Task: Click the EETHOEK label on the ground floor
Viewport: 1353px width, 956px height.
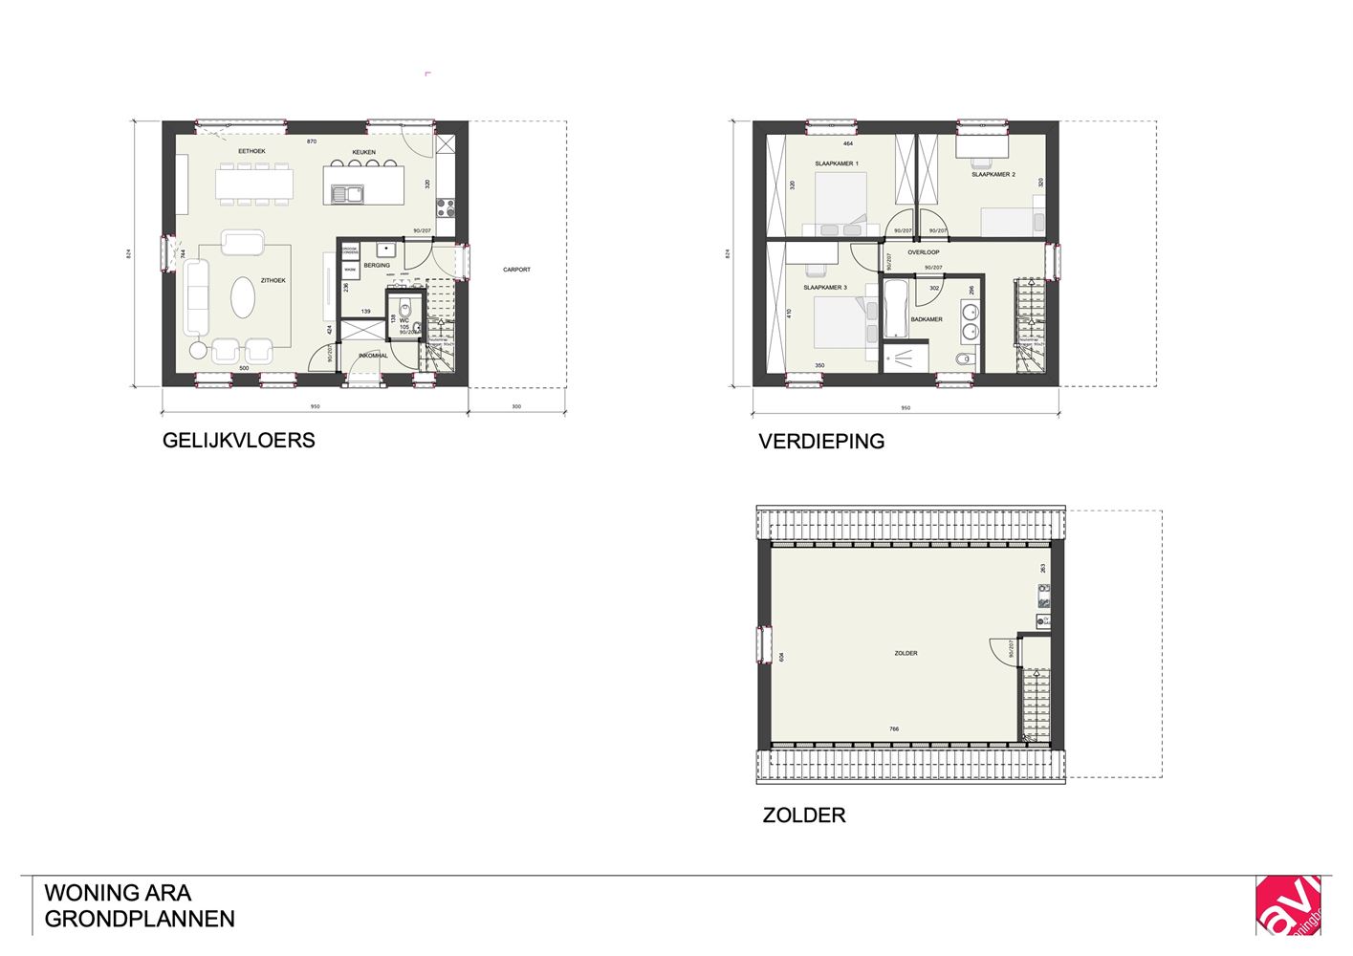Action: tap(251, 151)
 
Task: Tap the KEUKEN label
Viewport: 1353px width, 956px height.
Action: tap(363, 152)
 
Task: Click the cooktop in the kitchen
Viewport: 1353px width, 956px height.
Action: tap(446, 207)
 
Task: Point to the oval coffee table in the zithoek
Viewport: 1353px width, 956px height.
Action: tap(244, 297)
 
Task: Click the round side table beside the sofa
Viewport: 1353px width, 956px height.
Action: tap(197, 350)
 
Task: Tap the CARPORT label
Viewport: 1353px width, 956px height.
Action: tap(516, 270)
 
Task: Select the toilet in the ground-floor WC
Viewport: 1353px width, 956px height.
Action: tap(404, 309)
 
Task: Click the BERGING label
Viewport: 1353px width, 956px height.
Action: tap(377, 265)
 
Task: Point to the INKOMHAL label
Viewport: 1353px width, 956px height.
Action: tap(373, 356)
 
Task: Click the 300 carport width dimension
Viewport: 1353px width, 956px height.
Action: tap(516, 407)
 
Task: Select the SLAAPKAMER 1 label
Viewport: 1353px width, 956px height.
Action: tap(837, 163)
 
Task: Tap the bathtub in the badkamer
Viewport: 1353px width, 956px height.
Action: tap(895, 310)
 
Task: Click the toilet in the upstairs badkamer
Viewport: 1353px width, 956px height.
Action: tap(963, 359)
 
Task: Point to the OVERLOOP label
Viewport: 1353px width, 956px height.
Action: tap(923, 252)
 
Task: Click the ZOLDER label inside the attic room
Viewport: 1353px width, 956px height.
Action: tap(906, 653)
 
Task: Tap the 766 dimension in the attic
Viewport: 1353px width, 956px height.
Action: tap(894, 729)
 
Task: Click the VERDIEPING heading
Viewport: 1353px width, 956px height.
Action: tap(821, 442)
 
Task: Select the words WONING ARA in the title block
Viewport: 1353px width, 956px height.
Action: tap(118, 893)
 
